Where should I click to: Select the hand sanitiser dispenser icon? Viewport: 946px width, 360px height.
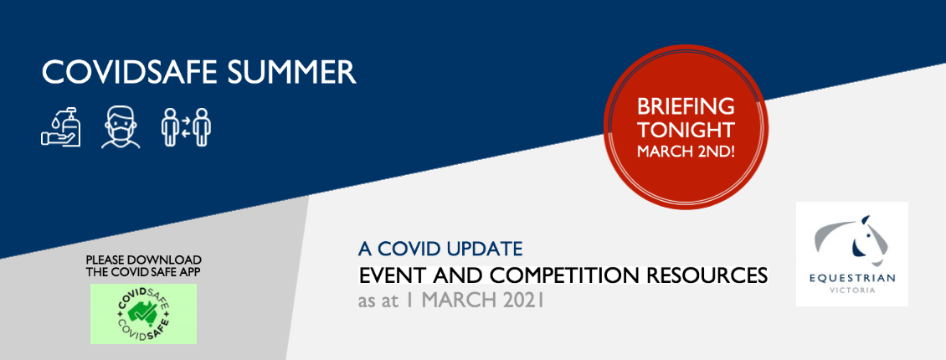[61, 126]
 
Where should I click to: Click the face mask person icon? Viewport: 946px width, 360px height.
[121, 127]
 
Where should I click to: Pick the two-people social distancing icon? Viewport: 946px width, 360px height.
[186, 126]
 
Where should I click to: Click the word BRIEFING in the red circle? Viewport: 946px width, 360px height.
[686, 107]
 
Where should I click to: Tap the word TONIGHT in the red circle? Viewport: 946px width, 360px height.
[686, 130]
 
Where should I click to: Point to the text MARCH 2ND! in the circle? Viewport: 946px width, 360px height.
[686, 151]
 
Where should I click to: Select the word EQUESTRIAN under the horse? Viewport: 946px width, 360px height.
[852, 278]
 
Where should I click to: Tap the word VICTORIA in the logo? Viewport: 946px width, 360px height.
[852, 291]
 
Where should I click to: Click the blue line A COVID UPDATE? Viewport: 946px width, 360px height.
[440, 248]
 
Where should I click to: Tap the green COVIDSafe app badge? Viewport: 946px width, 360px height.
[144, 314]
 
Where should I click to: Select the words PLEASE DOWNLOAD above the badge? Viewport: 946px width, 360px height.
[144, 260]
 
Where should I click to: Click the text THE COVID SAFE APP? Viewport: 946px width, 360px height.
[144, 272]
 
